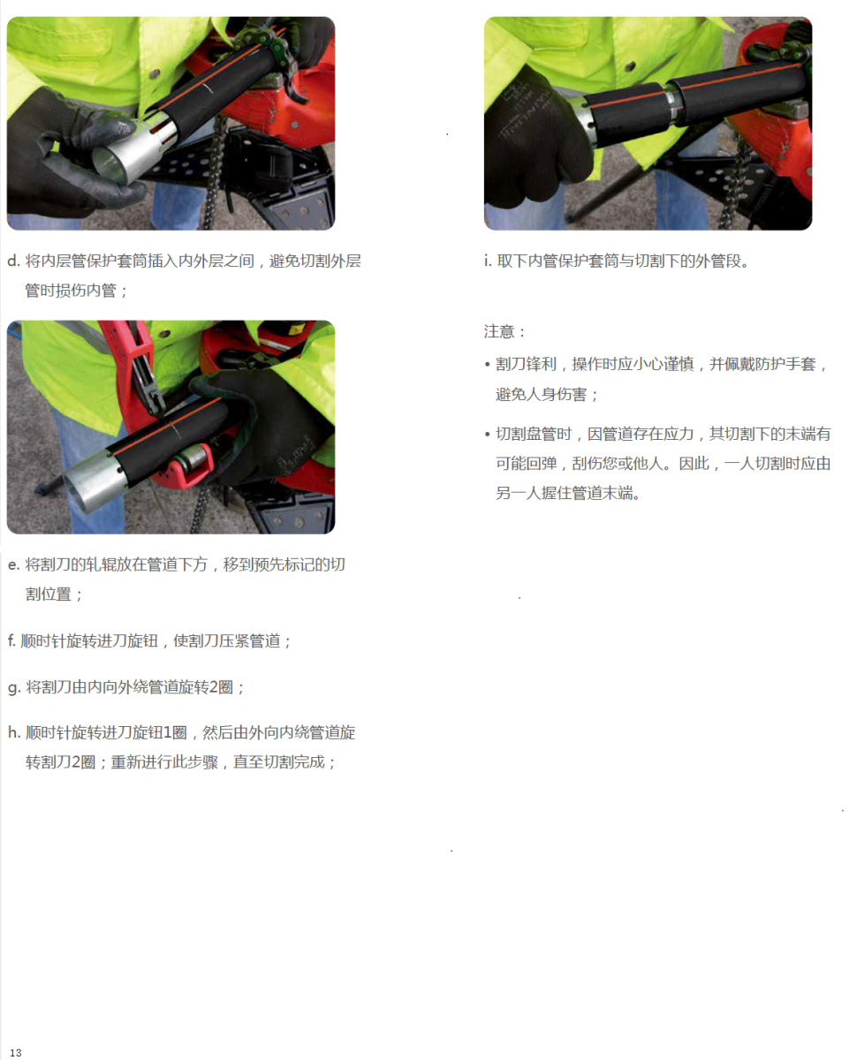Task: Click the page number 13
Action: point(15,1053)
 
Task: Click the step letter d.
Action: point(13,261)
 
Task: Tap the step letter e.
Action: point(13,564)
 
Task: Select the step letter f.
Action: point(11,640)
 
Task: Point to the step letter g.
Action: point(14,688)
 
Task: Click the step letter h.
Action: point(13,732)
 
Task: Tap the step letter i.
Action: point(487,261)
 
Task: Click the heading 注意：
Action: point(504,331)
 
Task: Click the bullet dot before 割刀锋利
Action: point(487,365)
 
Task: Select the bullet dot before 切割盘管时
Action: point(487,435)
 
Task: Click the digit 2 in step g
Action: point(214,688)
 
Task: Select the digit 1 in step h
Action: point(168,732)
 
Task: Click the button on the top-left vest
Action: point(155,73)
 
